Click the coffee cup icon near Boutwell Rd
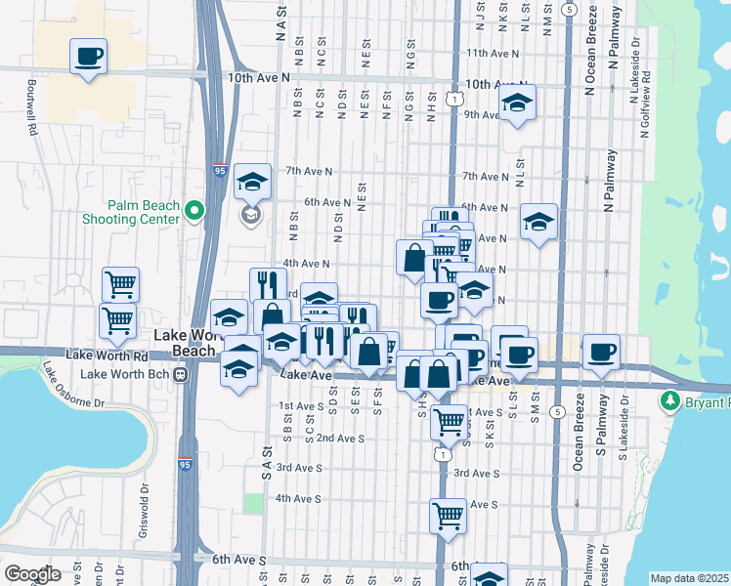(x=89, y=55)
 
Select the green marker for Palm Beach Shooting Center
(x=194, y=210)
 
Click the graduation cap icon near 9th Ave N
(x=517, y=103)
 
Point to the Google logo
(x=32, y=573)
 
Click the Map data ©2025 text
(x=690, y=578)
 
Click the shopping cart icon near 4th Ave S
(x=448, y=514)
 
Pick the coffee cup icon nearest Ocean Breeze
(x=601, y=350)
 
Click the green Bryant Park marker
(x=670, y=400)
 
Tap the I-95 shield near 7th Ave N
(x=221, y=171)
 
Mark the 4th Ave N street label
(x=306, y=264)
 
